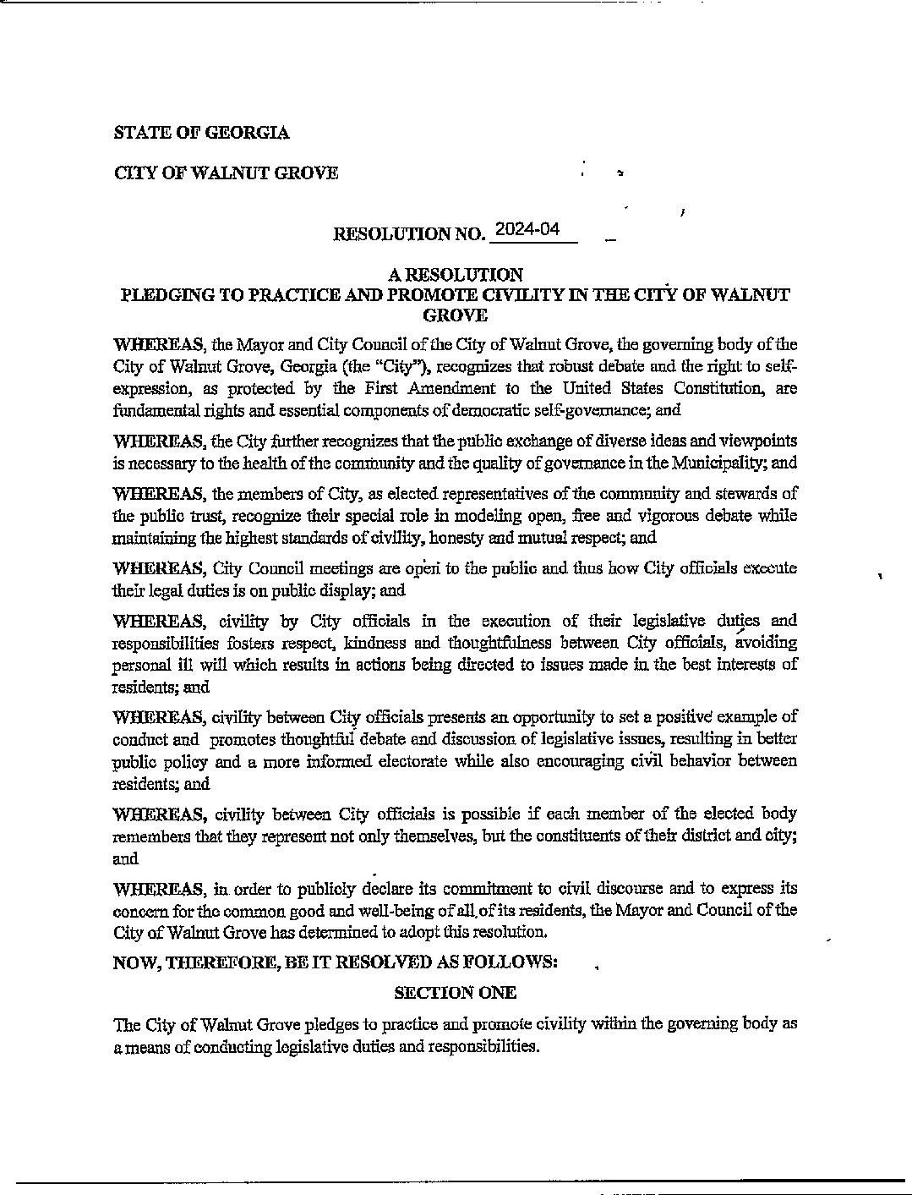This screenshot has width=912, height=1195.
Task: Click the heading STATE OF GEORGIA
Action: coord(201,133)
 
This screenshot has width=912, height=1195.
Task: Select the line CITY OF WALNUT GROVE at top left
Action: coord(226,173)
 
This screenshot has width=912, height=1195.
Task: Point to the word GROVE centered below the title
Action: coord(455,315)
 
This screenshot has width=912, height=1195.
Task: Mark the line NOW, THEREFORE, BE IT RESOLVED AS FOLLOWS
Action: coord(335,962)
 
